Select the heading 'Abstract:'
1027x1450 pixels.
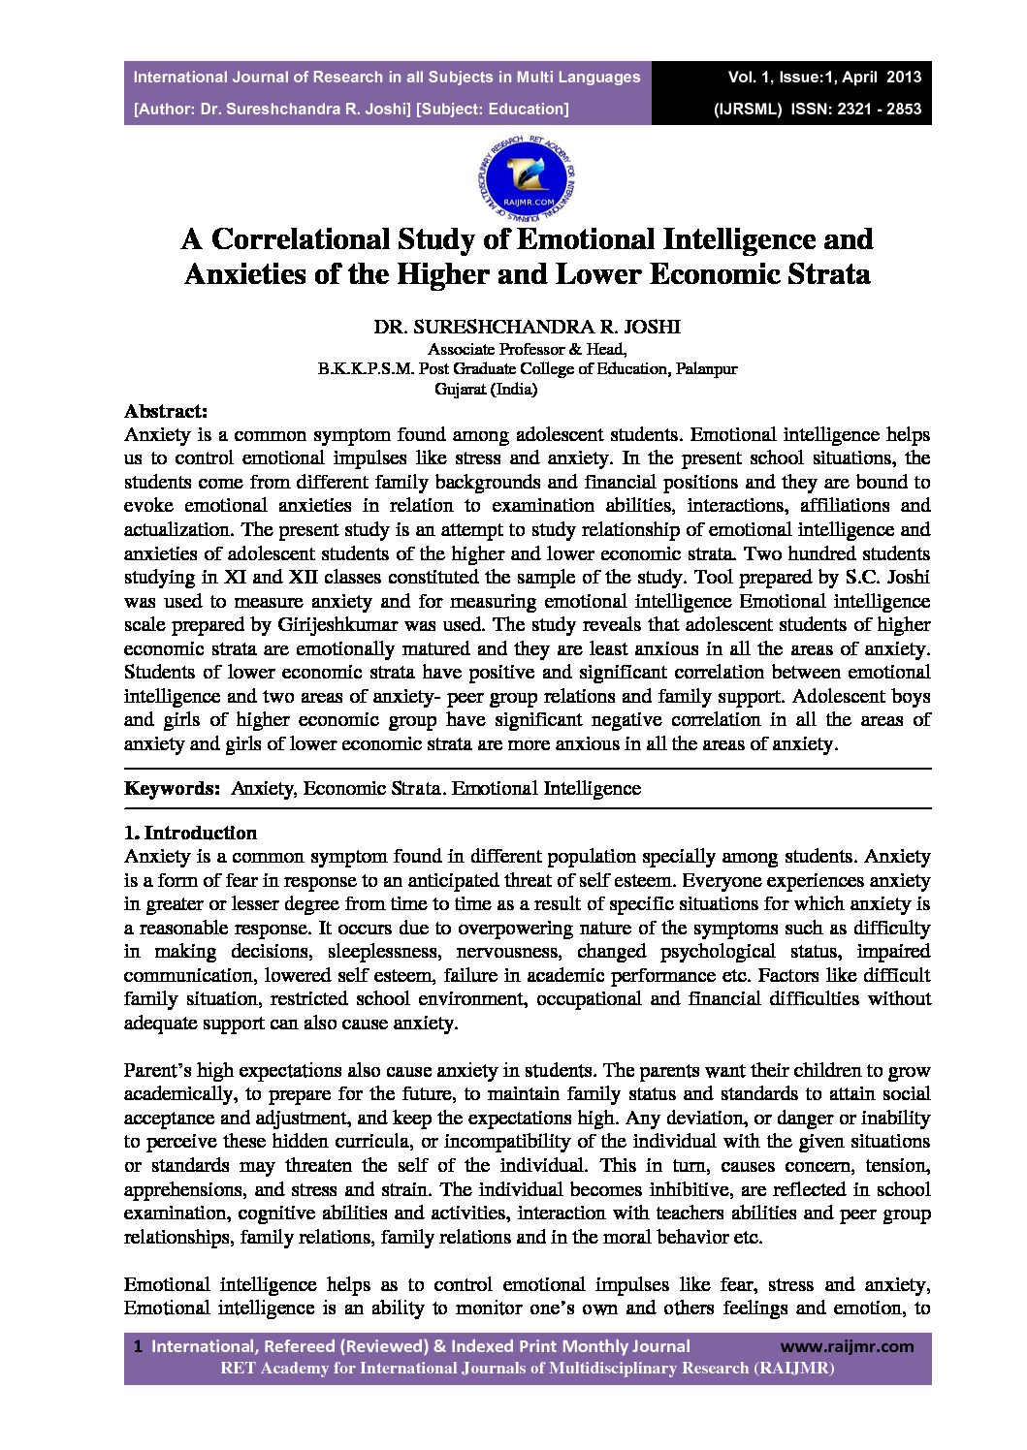[166, 411]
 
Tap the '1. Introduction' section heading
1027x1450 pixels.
[191, 833]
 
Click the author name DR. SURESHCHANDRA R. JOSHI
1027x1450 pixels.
[528, 327]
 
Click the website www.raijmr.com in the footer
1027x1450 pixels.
[847, 1346]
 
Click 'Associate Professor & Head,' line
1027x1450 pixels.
[528, 349]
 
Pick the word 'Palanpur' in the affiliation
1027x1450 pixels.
[706, 369]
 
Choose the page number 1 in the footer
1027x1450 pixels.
[139, 1346]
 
